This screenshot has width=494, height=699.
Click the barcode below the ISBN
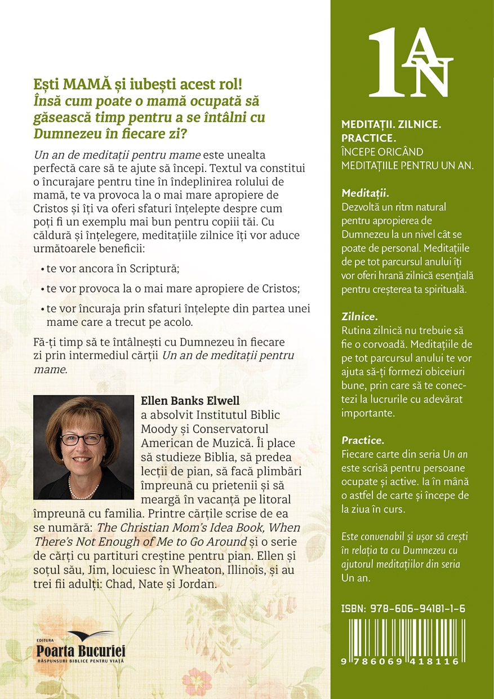click(x=400, y=637)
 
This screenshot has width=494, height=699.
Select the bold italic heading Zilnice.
click(x=359, y=316)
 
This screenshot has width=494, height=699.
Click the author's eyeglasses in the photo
click(x=81, y=439)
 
